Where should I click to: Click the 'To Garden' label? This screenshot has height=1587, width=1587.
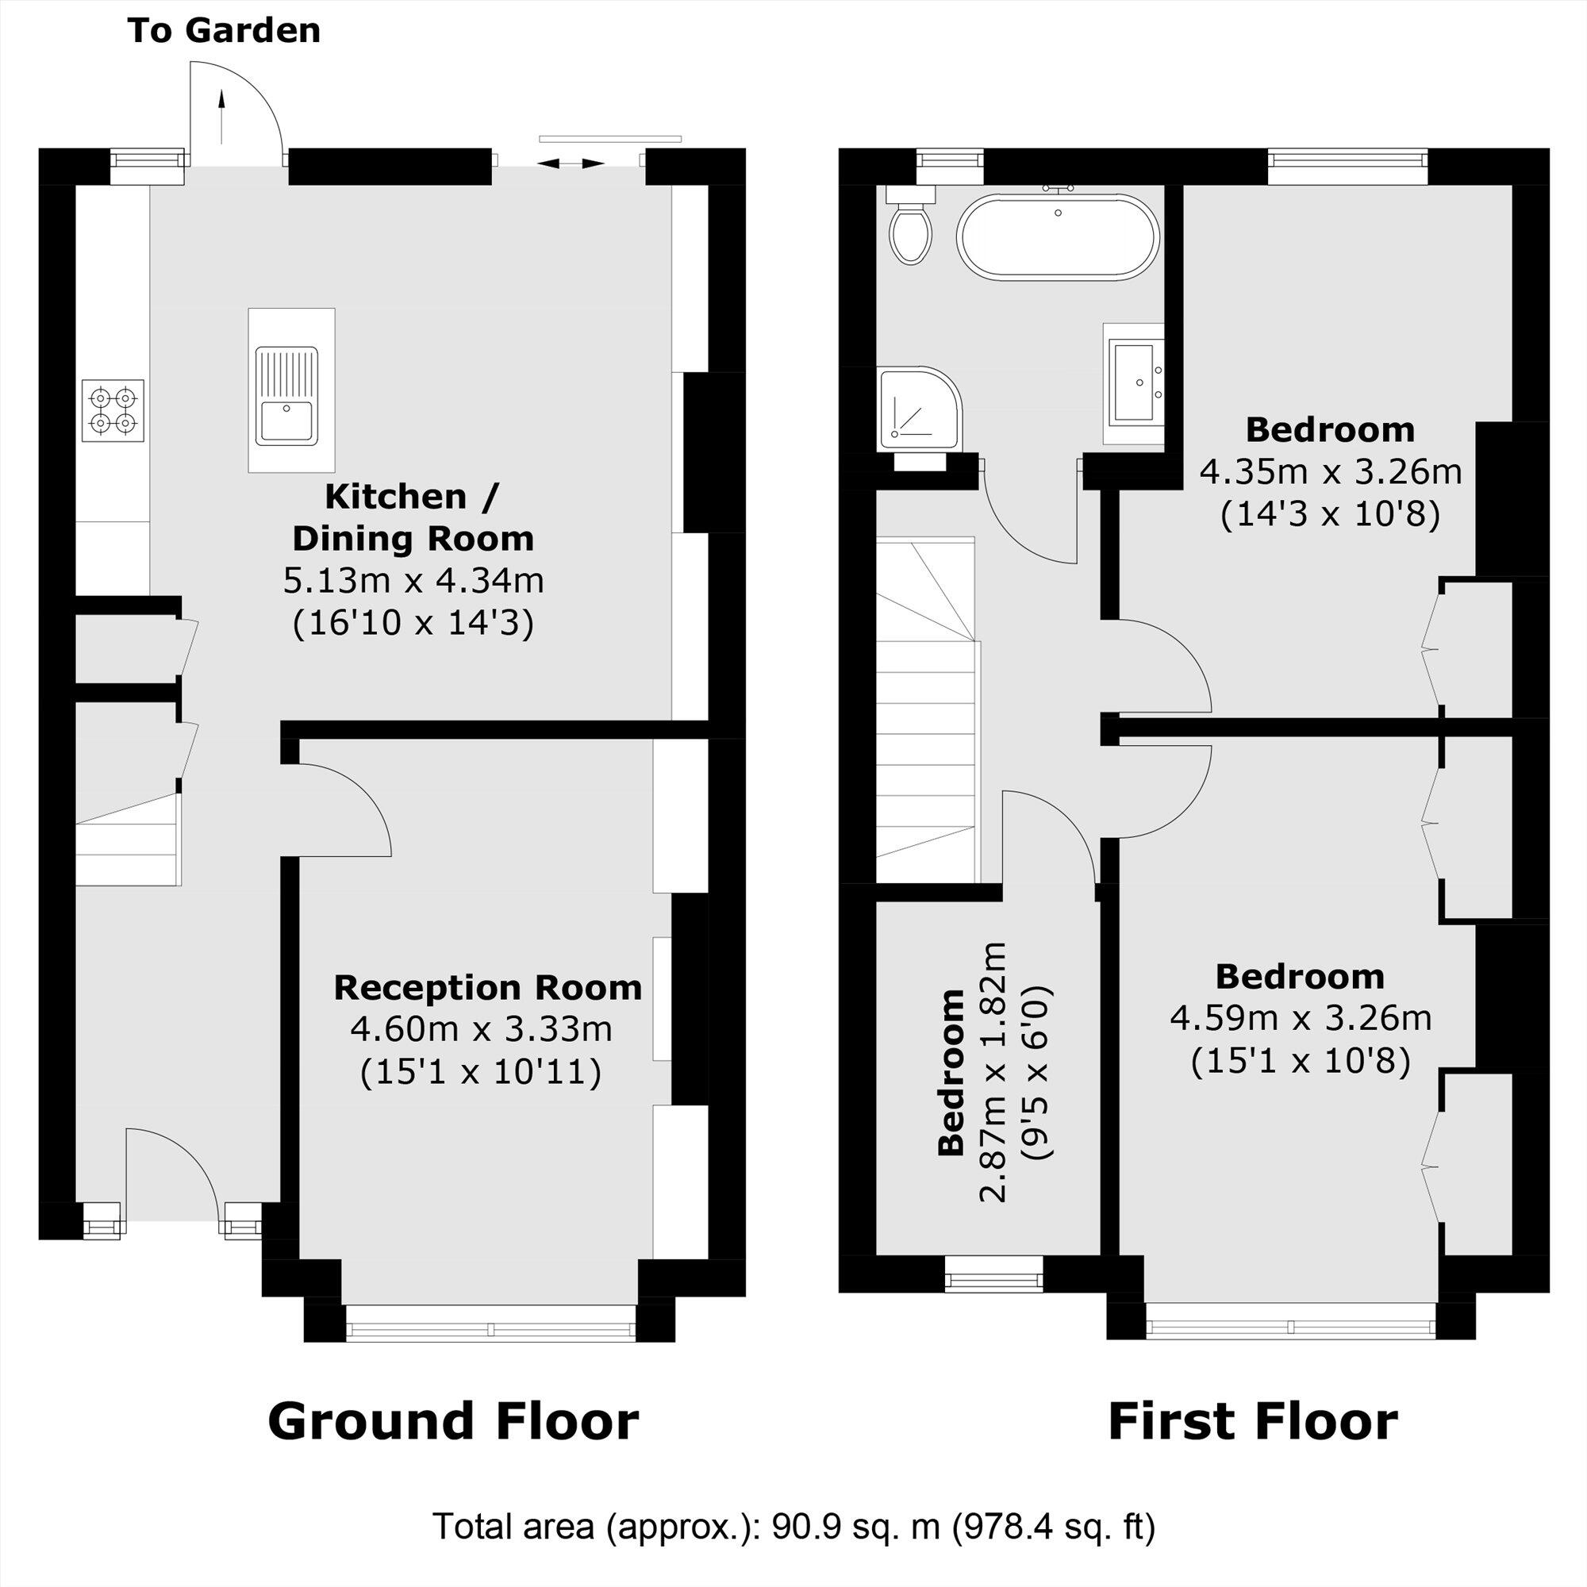tap(224, 31)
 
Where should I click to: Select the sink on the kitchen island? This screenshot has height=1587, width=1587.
tap(286, 396)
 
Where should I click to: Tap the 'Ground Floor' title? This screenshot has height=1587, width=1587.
tap(452, 1422)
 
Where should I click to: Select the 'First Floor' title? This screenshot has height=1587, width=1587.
tap(1253, 1422)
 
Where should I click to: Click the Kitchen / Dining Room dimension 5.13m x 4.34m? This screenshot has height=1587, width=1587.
tap(413, 581)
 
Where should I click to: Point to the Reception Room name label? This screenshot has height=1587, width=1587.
tap(487, 987)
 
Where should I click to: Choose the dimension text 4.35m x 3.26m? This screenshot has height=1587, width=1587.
tap(1331, 472)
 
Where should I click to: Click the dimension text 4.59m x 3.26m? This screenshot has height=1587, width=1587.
tap(1301, 1019)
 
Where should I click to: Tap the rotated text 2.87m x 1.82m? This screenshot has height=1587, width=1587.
tap(993, 1072)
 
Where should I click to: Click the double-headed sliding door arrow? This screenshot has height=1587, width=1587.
tap(570, 163)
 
